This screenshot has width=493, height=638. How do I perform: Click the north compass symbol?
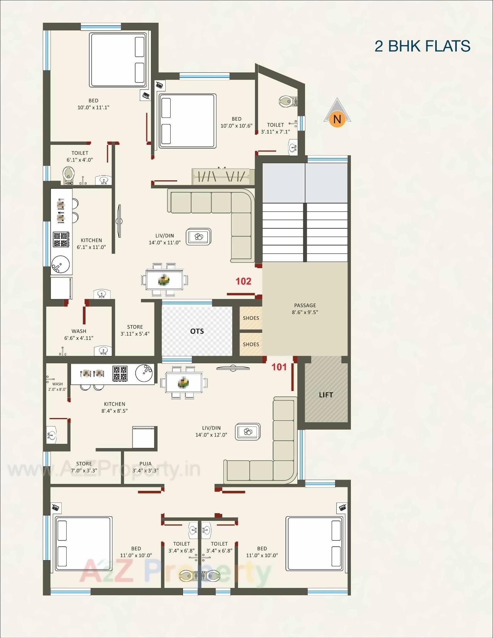click(x=337, y=114)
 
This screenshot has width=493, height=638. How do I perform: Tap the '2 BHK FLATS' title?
click(x=422, y=46)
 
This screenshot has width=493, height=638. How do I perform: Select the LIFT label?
click(x=326, y=395)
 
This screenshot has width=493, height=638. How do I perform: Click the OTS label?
click(x=197, y=331)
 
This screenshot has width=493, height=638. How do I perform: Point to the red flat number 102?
click(x=243, y=281)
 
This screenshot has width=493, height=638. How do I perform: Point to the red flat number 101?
click(x=279, y=367)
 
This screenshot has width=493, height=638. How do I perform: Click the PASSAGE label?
click(x=305, y=306)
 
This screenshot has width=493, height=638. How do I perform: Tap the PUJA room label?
click(x=145, y=464)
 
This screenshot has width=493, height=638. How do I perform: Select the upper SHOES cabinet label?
click(x=251, y=318)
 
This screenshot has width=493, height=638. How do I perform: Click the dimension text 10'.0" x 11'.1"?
click(x=93, y=107)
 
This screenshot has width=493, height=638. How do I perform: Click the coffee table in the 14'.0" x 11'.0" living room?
click(x=199, y=237)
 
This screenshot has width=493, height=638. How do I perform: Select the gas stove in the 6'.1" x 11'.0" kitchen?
click(x=61, y=240)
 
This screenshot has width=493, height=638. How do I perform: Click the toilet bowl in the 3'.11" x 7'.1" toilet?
click(x=286, y=101)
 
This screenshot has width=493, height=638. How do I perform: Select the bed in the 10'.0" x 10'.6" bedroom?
click(x=187, y=120)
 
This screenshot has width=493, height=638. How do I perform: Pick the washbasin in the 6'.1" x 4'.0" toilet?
click(x=104, y=179)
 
